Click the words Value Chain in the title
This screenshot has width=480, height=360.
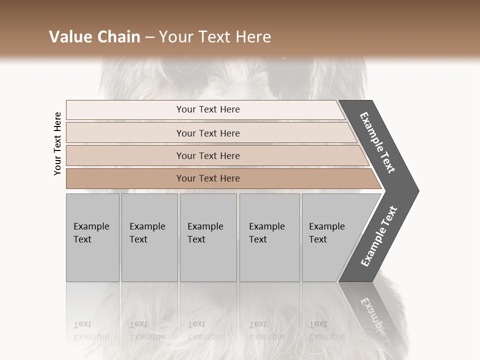pos(94,37)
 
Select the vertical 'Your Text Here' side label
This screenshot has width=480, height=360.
pos(57,143)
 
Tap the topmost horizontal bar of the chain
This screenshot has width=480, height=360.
pos(208,109)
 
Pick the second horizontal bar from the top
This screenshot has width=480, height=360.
pos(208,133)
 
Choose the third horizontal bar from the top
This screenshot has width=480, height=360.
pos(208,155)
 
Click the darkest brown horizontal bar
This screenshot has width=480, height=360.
pos(208,178)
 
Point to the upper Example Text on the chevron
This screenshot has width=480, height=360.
pos(377,142)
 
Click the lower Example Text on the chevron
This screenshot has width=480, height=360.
pos(378,236)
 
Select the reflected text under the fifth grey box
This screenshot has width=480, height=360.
pos(318,330)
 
